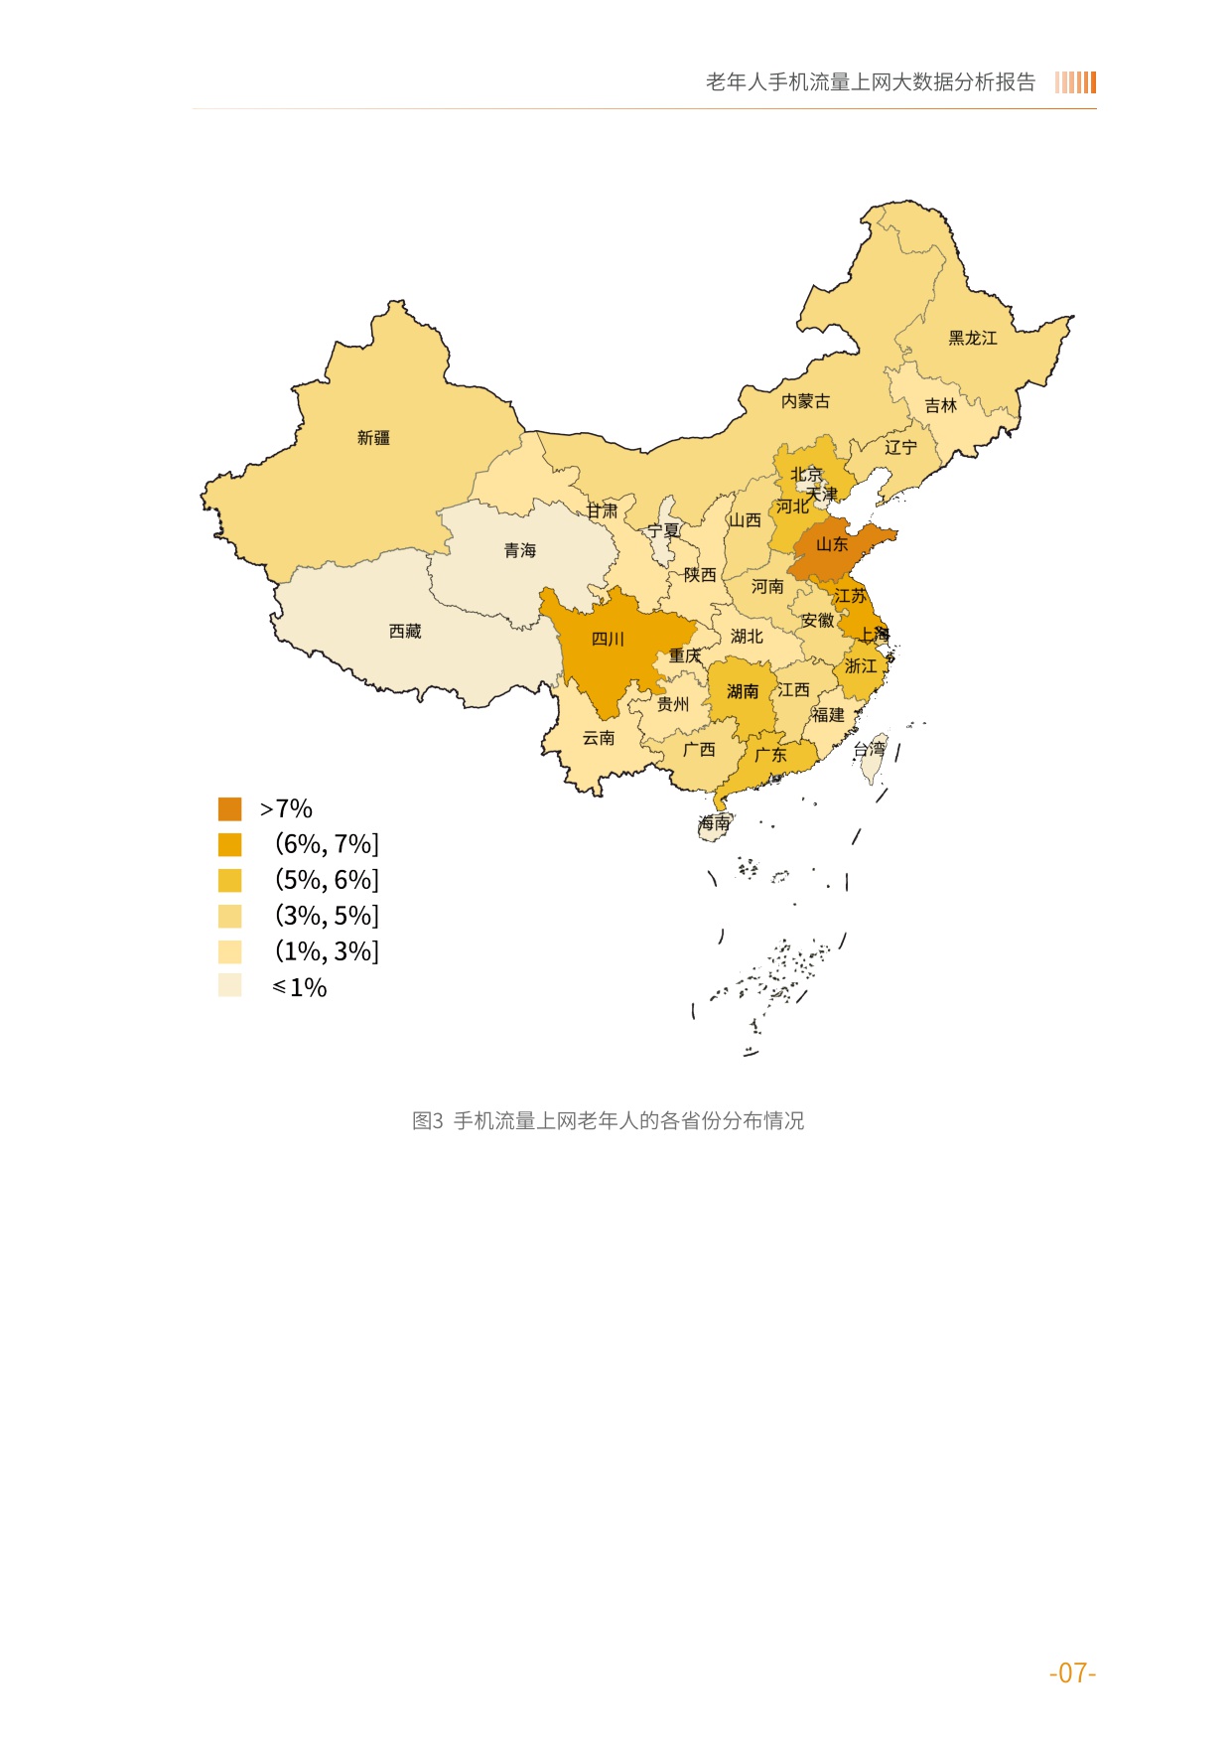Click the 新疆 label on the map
pyautogui.click(x=373, y=438)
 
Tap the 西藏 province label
pyautogui.click(x=405, y=632)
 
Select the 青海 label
pyautogui.click(x=519, y=550)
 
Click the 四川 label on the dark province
pyautogui.click(x=608, y=640)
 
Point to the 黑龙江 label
pyautogui.click(x=972, y=339)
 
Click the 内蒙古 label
pyautogui.click(x=805, y=401)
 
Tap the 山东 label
pyautogui.click(x=832, y=544)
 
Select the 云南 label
pyautogui.click(x=599, y=738)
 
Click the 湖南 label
pyautogui.click(x=743, y=691)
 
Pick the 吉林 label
pyautogui.click(x=940, y=405)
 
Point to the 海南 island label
pyautogui.click(x=714, y=823)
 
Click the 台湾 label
pyautogui.click(x=870, y=750)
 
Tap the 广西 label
pyautogui.click(x=699, y=750)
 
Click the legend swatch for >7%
pyautogui.click(x=229, y=808)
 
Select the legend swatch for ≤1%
pyautogui.click(x=229, y=985)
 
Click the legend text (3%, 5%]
pyautogui.click(x=327, y=916)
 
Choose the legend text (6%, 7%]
pyautogui.click(x=327, y=844)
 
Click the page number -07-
pyautogui.click(x=1072, y=1673)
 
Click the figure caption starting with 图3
pyautogui.click(x=608, y=1121)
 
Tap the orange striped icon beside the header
pyautogui.click(x=1075, y=82)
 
